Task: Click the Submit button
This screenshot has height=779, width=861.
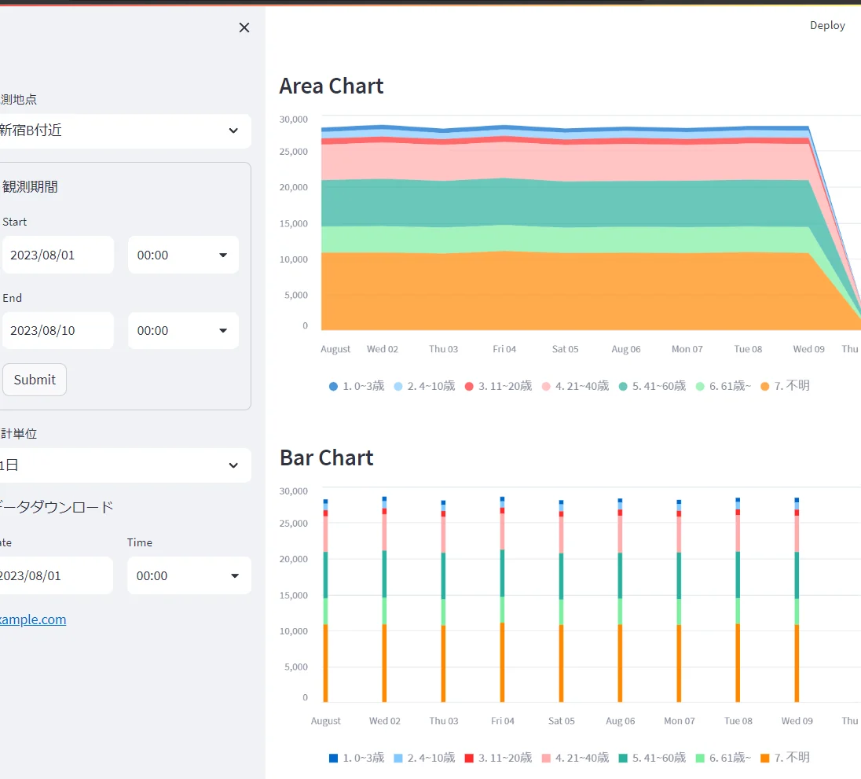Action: point(35,380)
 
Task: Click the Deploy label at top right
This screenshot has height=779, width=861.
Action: point(827,25)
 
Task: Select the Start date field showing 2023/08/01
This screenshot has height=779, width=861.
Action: point(58,255)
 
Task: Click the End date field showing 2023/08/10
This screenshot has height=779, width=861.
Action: point(58,331)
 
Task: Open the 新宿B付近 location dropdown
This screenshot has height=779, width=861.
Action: point(125,130)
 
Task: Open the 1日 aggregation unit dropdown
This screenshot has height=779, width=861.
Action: point(125,465)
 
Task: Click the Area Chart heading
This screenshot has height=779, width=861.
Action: point(331,86)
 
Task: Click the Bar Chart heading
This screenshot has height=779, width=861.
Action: point(327,457)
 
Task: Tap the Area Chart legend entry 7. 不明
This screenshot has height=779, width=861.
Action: point(786,386)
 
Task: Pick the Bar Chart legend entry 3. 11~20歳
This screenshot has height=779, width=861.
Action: point(499,758)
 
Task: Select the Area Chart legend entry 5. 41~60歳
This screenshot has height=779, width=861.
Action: point(652,386)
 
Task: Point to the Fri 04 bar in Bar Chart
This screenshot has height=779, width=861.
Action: point(503,599)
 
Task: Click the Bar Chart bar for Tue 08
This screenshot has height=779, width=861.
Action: point(738,600)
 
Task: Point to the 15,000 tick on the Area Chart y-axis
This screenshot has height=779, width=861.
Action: point(294,223)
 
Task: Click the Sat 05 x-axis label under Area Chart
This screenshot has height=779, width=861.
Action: point(565,349)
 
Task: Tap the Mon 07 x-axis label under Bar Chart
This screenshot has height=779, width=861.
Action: point(680,721)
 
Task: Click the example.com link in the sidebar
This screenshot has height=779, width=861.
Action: point(33,619)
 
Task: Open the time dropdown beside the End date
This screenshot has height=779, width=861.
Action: point(183,331)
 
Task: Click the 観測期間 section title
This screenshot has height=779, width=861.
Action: point(30,187)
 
